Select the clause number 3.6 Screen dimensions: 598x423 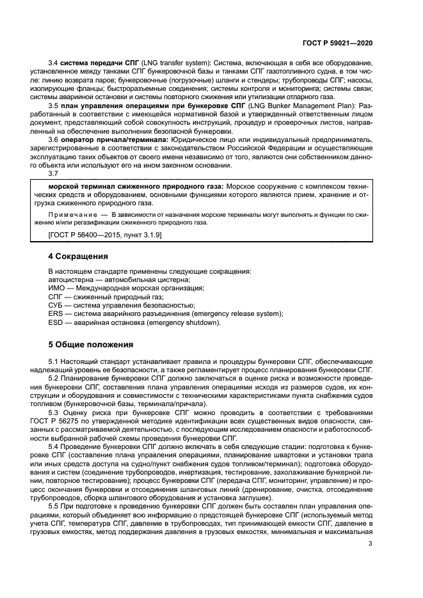54,140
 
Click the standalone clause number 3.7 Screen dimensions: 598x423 54,174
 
